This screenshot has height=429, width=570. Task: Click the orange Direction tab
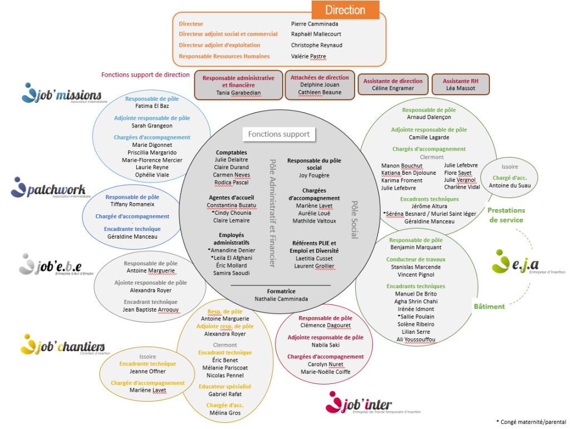pos(345,10)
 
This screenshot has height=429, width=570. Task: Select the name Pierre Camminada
pos(315,24)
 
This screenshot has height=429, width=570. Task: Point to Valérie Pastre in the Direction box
pos(308,56)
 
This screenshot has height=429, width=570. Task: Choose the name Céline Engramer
pos(392,88)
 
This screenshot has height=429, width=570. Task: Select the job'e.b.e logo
pos(50,264)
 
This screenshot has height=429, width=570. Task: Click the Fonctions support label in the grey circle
pos(278,134)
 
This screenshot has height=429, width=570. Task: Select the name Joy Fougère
pos(314,175)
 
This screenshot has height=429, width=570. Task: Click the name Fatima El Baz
pos(152,105)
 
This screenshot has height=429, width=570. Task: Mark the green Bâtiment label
pos(489,307)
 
